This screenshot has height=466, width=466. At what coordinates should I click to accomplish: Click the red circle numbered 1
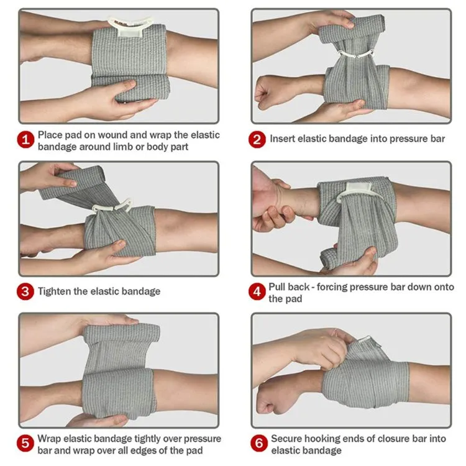[25, 139]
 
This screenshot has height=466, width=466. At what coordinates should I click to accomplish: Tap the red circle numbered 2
[257, 139]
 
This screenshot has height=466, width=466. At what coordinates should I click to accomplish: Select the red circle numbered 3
[25, 291]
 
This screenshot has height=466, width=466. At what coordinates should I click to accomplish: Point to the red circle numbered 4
[257, 291]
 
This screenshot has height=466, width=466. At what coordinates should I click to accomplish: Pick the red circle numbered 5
[25, 443]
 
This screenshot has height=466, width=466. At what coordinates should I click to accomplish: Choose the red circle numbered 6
[259, 443]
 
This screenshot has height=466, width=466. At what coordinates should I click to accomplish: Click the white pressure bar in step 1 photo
[130, 26]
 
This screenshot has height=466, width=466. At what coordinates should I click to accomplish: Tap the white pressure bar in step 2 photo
[355, 55]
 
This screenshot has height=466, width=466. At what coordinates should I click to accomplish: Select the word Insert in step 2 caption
[282, 139]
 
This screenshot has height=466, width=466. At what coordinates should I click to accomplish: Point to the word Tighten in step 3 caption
[54, 291]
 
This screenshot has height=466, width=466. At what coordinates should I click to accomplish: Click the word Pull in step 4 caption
[278, 287]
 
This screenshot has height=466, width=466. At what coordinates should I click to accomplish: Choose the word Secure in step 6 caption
[286, 439]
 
